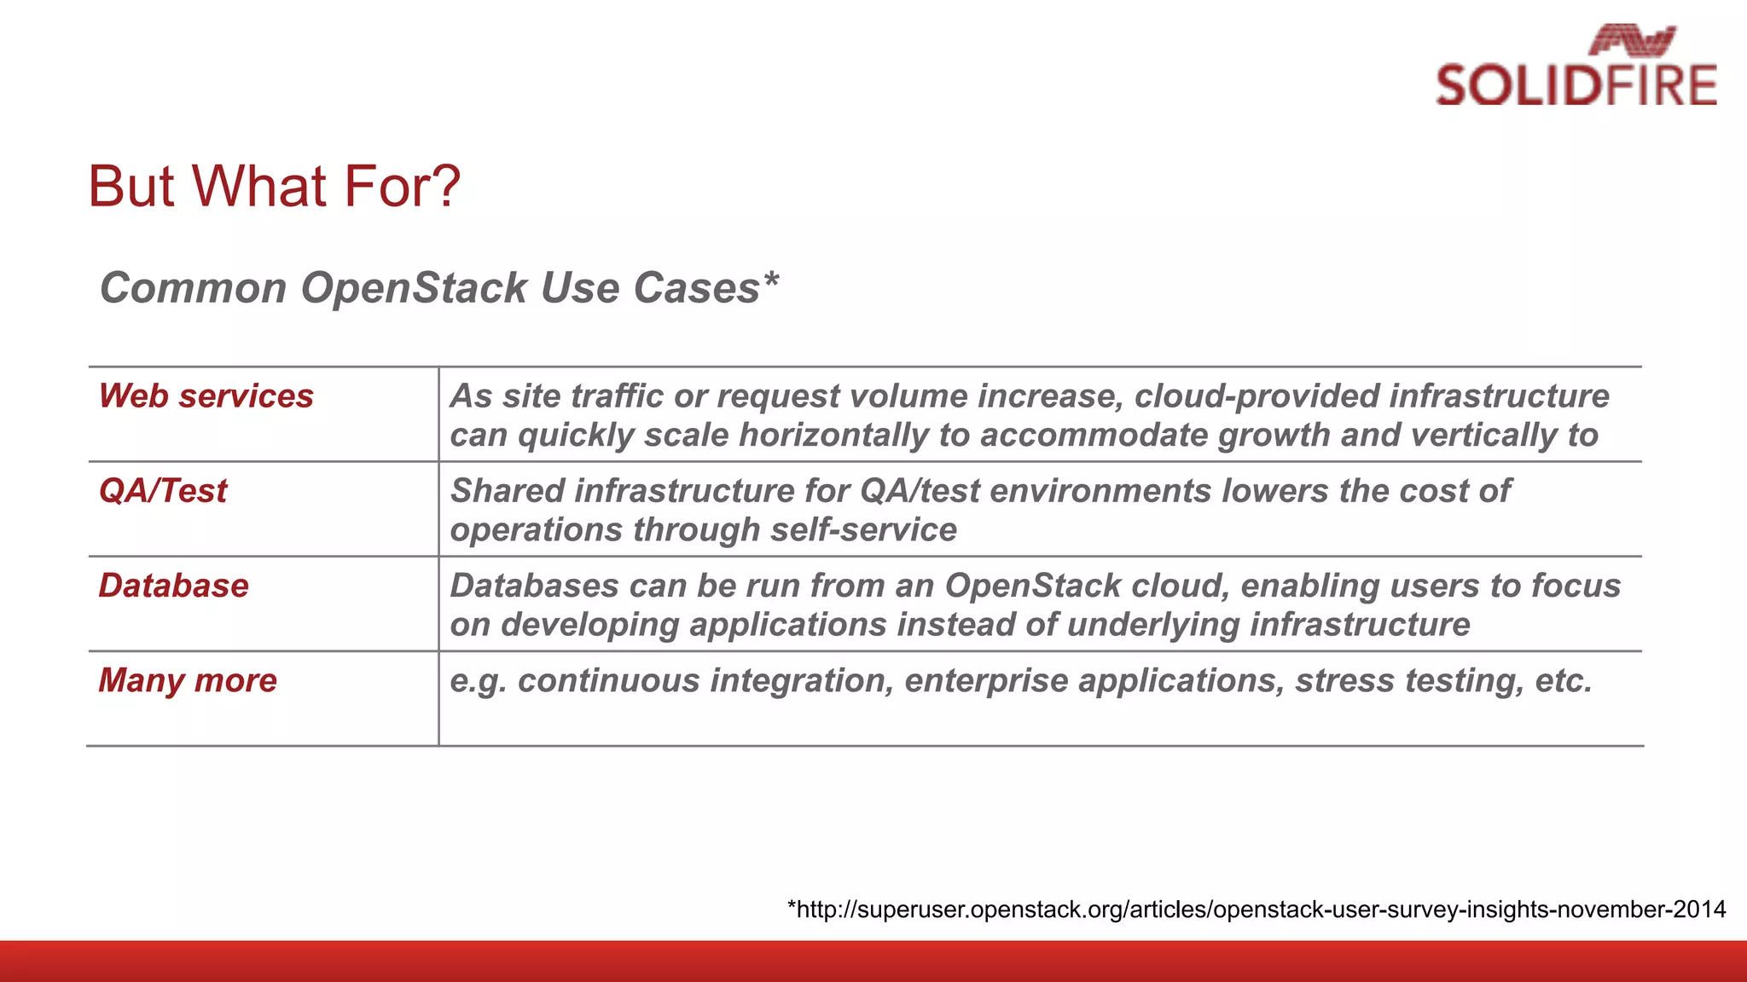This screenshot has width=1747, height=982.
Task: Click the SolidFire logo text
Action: pyautogui.click(x=1576, y=85)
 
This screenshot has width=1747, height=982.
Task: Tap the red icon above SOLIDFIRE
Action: pyautogui.click(x=1632, y=40)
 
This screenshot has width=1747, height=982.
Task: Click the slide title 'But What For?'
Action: pyautogui.click(x=274, y=186)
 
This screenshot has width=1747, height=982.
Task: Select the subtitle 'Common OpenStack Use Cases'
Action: pyautogui.click(x=429, y=287)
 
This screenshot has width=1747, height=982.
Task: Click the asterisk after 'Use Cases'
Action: pyautogui.click(x=771, y=279)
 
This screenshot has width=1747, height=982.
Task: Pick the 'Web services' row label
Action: pyautogui.click(x=206, y=396)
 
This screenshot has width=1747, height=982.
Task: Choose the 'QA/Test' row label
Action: pyautogui.click(x=163, y=491)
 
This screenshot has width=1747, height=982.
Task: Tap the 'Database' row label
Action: pyautogui.click(x=173, y=586)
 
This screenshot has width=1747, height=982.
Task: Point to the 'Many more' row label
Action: pyautogui.click(x=188, y=680)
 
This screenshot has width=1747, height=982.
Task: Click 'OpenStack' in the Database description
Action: pyautogui.click(x=1032, y=586)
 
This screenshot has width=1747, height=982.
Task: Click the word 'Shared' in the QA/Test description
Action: pyautogui.click(x=508, y=491)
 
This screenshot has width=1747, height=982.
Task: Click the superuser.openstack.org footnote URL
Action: pyautogui.click(x=1256, y=910)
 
